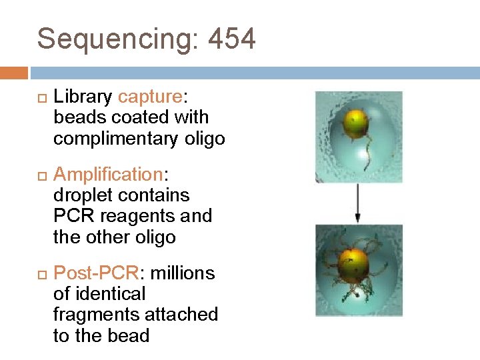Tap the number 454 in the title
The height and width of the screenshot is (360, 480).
[232, 39]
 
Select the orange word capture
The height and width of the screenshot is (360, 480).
[150, 97]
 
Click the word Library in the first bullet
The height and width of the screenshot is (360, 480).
[83, 97]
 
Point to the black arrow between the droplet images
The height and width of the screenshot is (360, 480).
[358, 203]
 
